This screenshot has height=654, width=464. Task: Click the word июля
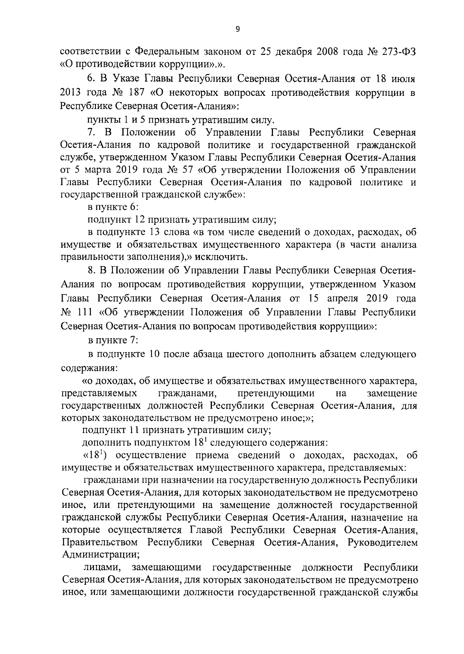click(x=404, y=80)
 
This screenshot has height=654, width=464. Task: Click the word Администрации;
click(x=101, y=555)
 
